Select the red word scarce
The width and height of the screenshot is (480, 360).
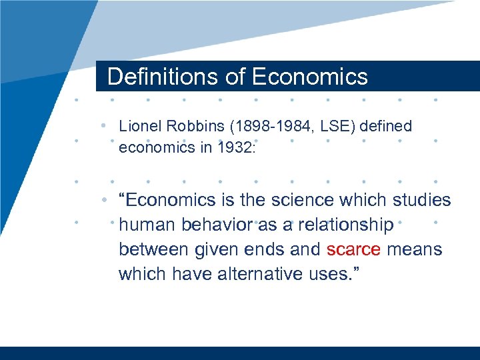(x=353, y=249)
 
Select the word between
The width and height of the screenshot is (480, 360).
(x=154, y=249)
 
